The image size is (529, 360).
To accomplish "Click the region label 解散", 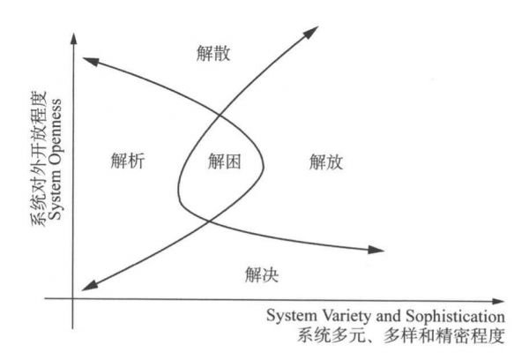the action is coord(213,53).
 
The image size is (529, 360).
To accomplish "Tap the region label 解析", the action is coord(128,161).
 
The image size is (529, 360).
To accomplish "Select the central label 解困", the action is coord(224,161).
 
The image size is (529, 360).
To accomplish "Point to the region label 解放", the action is coord(326,162).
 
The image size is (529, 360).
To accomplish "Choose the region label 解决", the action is coord(262,274).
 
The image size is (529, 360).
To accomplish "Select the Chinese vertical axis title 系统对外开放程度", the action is coord(39,159).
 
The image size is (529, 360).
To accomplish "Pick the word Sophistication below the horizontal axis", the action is coord(455,317).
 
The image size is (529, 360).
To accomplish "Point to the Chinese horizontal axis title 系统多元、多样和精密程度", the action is coord(401,335).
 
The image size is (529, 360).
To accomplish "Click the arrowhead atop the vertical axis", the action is coord(73,38).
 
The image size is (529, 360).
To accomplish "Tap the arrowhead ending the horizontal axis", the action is coord(498,301).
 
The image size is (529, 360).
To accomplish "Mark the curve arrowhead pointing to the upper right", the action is coord(311,33).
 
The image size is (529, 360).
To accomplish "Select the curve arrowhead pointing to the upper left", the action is coord(91,62).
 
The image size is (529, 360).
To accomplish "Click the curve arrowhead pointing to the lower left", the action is coord(90,286).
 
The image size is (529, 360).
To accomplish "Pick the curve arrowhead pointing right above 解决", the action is coord(376,250).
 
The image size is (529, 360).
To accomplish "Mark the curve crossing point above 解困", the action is coord(220,116).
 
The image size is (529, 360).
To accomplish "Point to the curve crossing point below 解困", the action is coord(209,221).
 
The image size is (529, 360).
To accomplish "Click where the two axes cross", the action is coord(73,298).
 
